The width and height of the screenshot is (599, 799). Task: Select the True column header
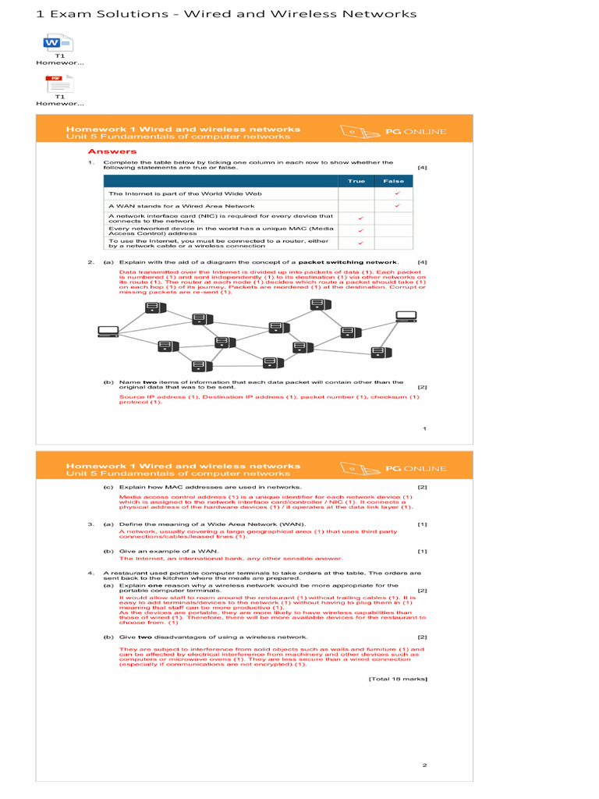pos(356,180)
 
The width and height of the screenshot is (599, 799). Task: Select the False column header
pos(394,180)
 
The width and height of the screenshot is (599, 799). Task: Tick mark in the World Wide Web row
pos(396,193)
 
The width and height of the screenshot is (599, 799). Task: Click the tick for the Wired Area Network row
pos(396,205)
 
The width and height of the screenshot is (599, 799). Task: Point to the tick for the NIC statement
pos(360,218)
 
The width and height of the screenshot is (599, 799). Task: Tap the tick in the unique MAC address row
pos(360,231)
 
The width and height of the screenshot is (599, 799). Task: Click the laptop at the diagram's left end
pos(108,332)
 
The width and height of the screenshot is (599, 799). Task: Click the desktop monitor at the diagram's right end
pos(406,318)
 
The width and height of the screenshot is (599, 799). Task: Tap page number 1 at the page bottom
pos(424,428)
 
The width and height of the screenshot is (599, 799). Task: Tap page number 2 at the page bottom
pos(424,765)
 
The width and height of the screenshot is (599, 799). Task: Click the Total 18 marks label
pos(398,679)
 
